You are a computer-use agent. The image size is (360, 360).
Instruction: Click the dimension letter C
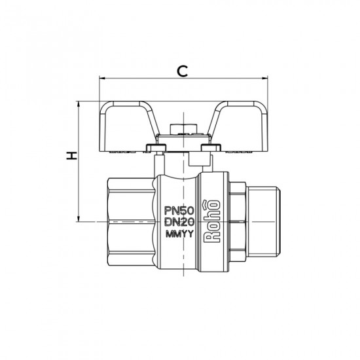tap(183, 71)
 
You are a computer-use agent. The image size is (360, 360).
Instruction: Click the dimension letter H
tap(71, 156)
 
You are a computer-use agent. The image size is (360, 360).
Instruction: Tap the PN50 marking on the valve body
tap(179, 210)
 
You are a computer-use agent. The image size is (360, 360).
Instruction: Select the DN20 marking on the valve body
tap(179, 222)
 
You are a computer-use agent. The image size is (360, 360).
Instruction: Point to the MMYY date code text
tap(179, 234)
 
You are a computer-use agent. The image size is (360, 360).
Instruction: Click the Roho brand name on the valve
tap(212, 221)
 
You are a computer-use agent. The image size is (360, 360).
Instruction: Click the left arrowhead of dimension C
tap(102, 79)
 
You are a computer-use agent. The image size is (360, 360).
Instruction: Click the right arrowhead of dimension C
tap(265, 79)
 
